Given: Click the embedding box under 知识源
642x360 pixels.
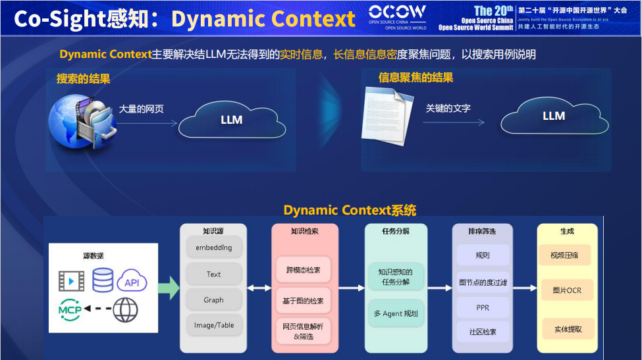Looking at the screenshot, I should (x=213, y=247).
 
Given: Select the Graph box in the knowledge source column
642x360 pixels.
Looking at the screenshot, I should (x=213, y=299).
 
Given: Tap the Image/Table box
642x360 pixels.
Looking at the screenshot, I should (x=213, y=325).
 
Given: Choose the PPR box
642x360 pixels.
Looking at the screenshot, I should (x=482, y=307).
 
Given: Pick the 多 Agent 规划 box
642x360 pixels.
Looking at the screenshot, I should (x=396, y=313).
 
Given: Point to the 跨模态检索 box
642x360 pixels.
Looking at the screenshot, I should (x=303, y=270).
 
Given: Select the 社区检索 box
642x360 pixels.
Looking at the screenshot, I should (x=482, y=332).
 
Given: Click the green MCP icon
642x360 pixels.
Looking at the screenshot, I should (x=70, y=309).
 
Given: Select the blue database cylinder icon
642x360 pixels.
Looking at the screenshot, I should (x=102, y=280).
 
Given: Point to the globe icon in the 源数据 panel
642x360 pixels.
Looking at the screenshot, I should (x=125, y=309).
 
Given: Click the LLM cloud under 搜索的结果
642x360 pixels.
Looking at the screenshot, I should (x=231, y=120).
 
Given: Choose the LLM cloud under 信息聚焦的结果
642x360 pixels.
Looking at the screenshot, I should (x=553, y=116).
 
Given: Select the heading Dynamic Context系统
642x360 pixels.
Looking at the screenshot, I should (x=350, y=211).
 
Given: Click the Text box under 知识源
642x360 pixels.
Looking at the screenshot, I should (x=213, y=274).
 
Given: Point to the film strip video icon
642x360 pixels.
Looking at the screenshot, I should (x=71, y=281).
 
